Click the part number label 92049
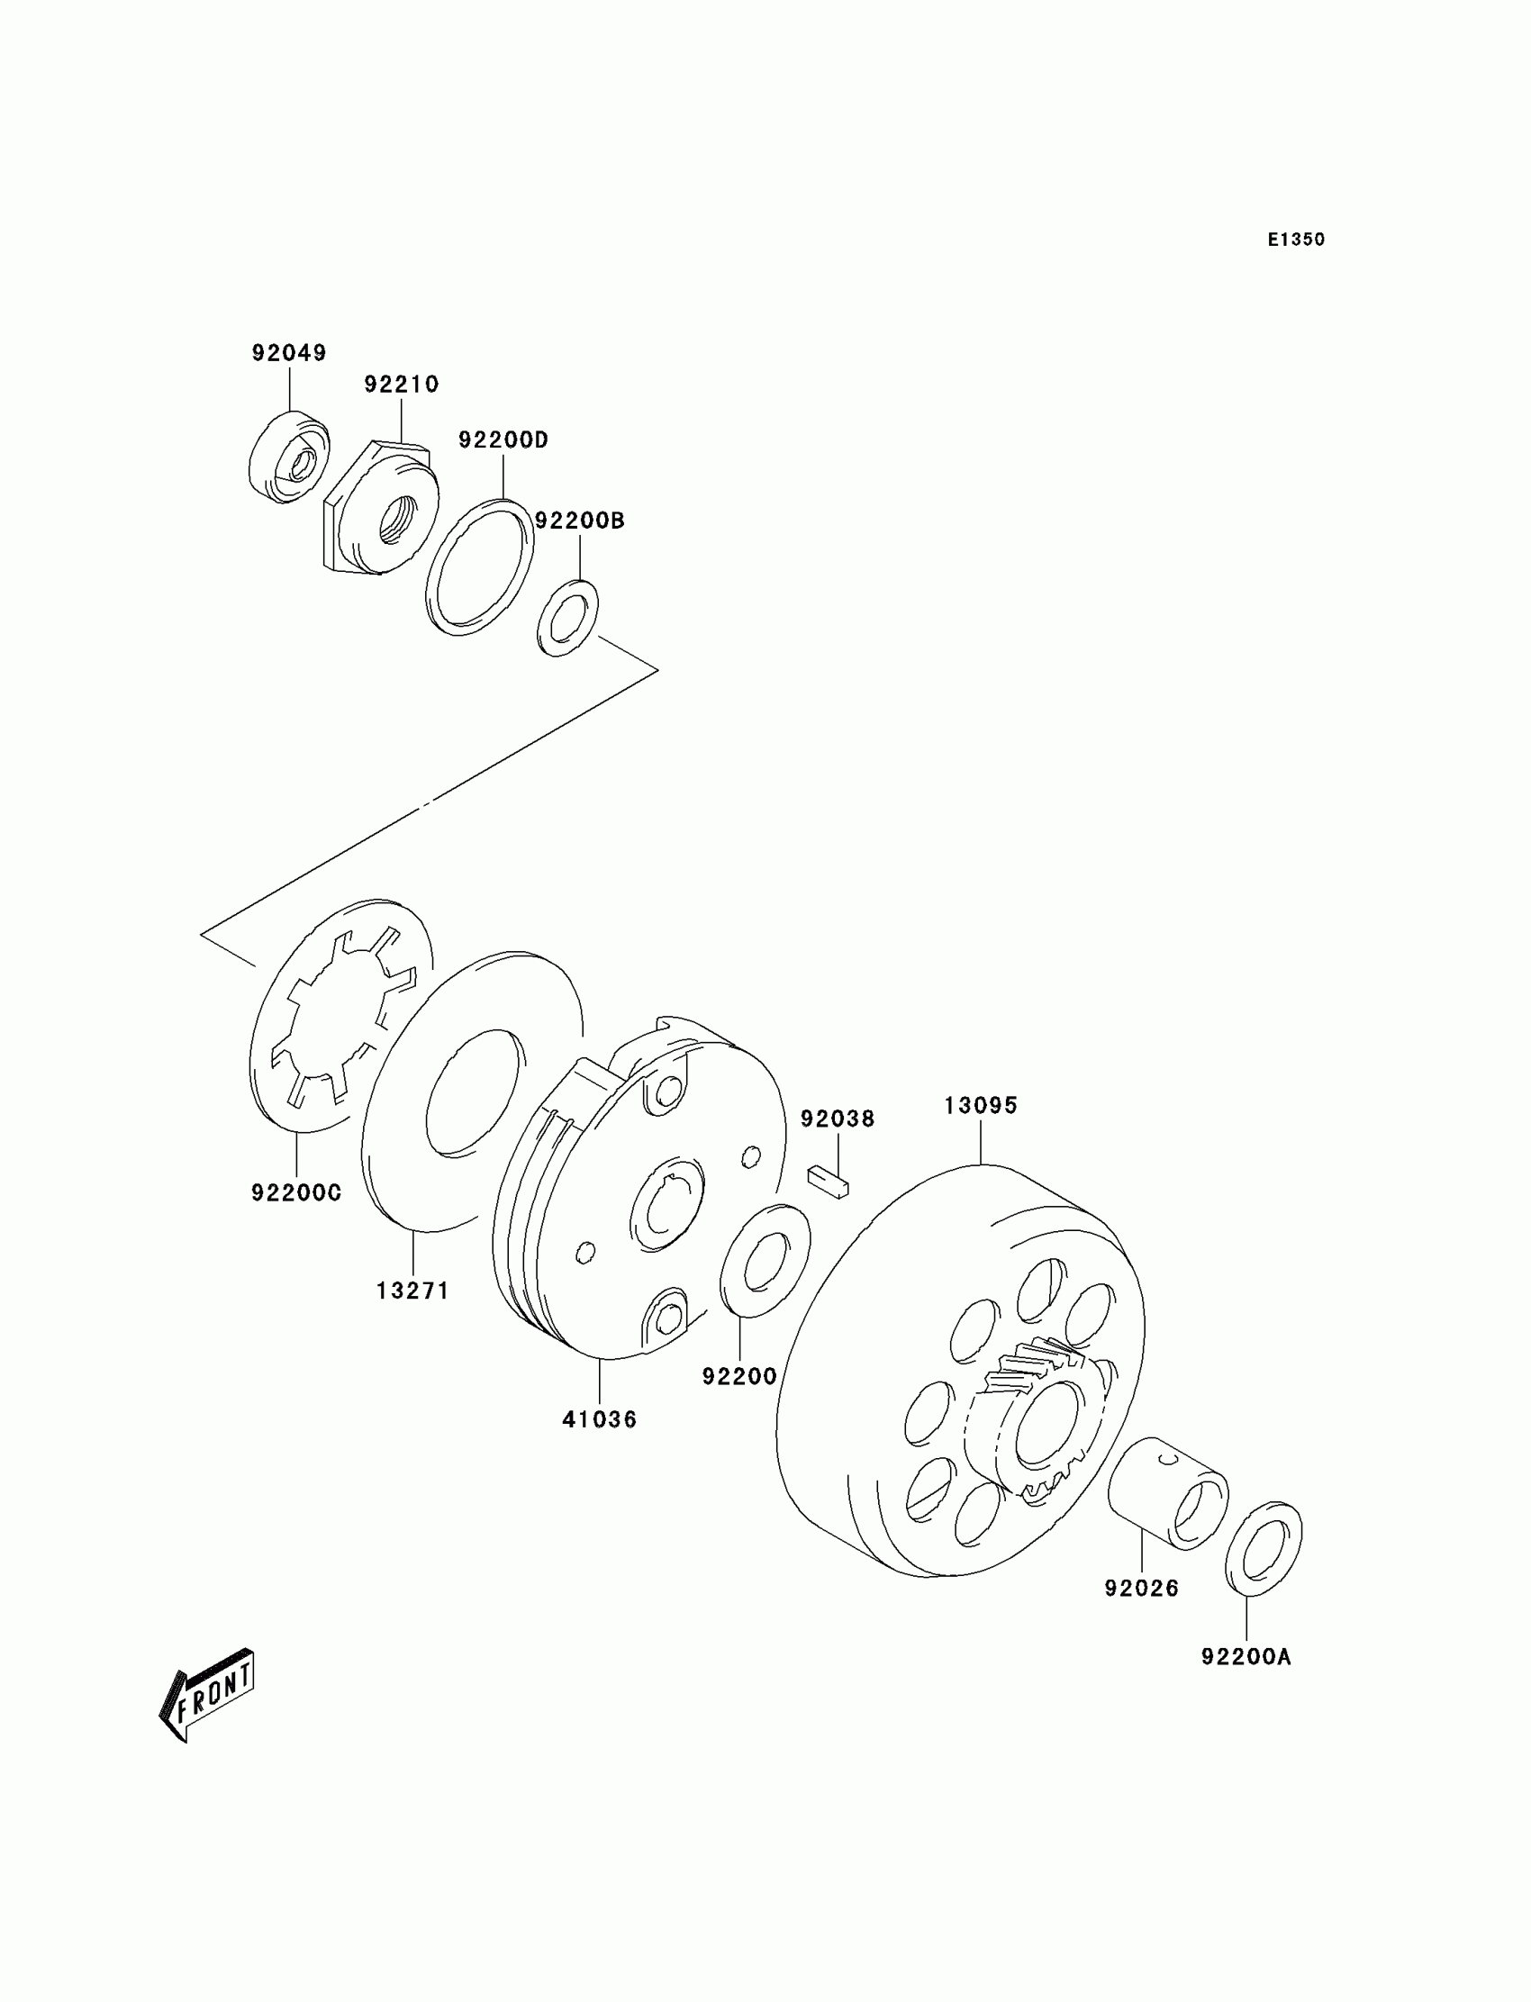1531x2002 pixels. tap(289, 353)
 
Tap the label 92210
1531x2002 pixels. tap(401, 385)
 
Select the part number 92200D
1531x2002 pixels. tap(503, 440)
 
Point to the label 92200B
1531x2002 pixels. tap(580, 521)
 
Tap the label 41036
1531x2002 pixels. tap(599, 1418)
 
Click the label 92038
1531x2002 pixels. tap(838, 1119)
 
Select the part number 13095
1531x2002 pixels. tap(981, 1105)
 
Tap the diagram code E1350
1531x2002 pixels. tap(1296, 240)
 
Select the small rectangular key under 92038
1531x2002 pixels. tap(828, 1182)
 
